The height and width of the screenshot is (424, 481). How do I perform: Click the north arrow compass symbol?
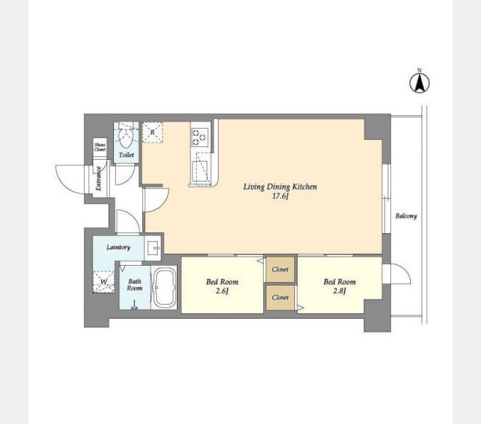(419, 83)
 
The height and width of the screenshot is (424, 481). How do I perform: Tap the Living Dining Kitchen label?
(279, 187)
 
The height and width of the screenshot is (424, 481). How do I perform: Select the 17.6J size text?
(280, 196)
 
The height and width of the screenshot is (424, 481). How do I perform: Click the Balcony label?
(405, 216)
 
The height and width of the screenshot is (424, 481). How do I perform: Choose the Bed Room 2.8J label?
(340, 286)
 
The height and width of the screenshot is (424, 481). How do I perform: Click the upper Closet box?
(280, 269)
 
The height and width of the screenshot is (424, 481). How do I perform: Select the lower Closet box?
(280, 298)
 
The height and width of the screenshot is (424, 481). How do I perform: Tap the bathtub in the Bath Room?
(165, 288)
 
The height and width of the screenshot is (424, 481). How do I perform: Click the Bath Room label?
(134, 285)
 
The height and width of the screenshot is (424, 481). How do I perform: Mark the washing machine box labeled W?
(105, 282)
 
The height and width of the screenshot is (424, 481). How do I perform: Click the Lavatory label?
(118, 247)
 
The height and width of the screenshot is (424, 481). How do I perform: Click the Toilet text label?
(126, 154)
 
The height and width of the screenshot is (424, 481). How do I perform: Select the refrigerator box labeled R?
(153, 131)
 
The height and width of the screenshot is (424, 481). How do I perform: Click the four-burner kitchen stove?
(199, 136)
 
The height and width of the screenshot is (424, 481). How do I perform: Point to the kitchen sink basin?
(201, 170)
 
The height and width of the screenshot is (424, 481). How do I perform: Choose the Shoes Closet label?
(100, 148)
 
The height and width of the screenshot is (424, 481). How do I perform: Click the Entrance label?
(99, 177)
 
